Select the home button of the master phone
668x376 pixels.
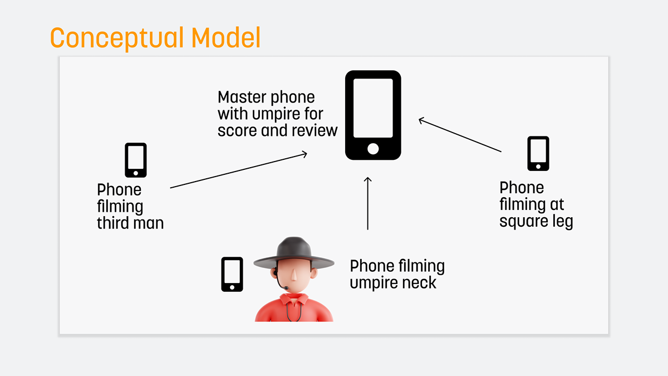(x=373, y=149)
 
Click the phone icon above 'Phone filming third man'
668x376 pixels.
(x=136, y=160)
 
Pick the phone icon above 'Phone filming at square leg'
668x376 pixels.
(x=538, y=153)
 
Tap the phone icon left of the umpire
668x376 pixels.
(x=232, y=274)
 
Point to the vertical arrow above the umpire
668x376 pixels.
(x=367, y=203)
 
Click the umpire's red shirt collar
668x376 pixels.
(x=294, y=300)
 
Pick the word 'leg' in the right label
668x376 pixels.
(x=562, y=221)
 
